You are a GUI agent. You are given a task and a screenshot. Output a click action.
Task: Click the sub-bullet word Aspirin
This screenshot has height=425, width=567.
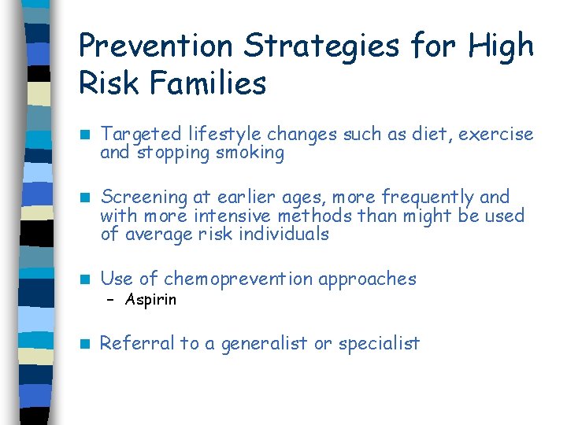[x=150, y=300]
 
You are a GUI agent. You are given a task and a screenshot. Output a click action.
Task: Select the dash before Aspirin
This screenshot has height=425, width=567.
[x=111, y=300]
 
